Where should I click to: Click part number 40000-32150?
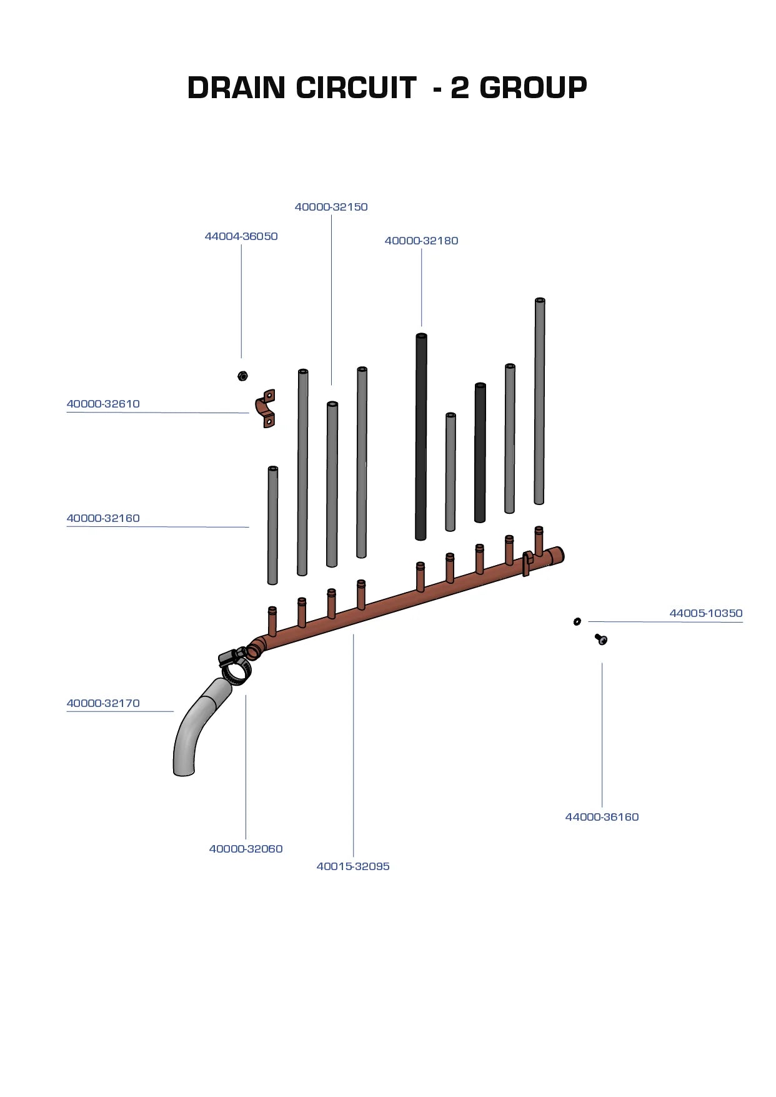[x=331, y=207]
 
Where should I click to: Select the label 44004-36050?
[x=241, y=236]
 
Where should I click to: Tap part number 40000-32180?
[x=421, y=241]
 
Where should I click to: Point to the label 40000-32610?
[x=103, y=404]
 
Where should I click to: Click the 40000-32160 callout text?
[x=103, y=518]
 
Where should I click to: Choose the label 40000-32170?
[x=103, y=703]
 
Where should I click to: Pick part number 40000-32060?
[x=246, y=849]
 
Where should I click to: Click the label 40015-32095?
[x=353, y=866]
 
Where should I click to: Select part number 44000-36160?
[x=602, y=817]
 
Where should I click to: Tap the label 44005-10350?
[x=706, y=613]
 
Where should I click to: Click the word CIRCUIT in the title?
[x=356, y=88]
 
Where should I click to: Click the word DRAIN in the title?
[x=236, y=88]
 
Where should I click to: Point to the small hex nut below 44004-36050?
[x=242, y=376]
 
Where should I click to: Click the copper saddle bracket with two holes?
[x=266, y=409]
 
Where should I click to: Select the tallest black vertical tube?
[x=421, y=436]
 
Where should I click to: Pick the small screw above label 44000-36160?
[x=601, y=639]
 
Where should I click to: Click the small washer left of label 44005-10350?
[x=577, y=621]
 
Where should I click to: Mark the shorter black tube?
[x=480, y=453]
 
